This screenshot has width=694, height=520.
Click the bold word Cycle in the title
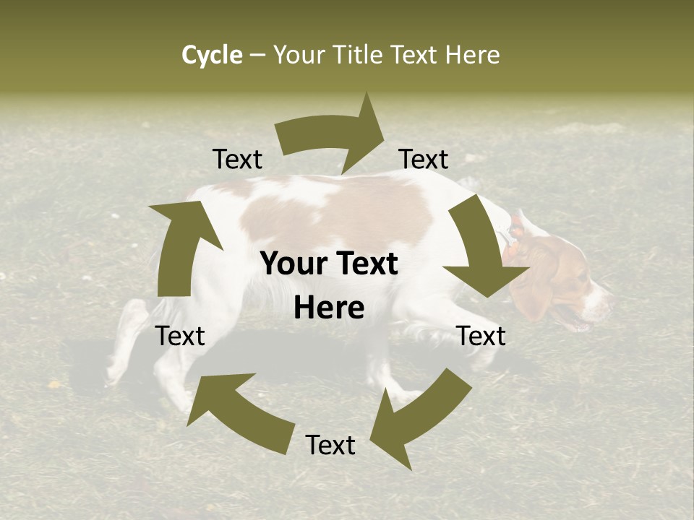point(212,55)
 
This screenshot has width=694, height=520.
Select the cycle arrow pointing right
point(337,134)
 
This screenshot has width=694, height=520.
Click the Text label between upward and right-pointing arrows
point(237,160)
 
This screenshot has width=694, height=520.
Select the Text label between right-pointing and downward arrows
point(424,160)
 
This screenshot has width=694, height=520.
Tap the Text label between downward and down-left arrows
point(481,336)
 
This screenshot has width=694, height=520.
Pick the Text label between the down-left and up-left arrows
point(330,446)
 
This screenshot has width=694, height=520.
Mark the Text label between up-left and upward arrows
point(180,336)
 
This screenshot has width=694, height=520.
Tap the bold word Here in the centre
point(329,308)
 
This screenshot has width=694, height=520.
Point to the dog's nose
point(609,298)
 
